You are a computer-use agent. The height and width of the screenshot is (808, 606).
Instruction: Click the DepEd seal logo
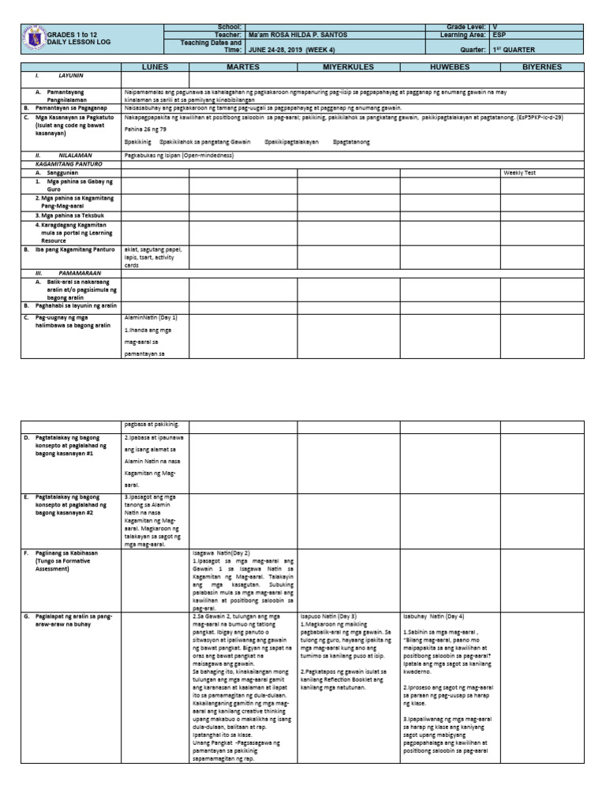(33, 40)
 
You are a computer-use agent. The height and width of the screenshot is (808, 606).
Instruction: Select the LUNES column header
(155, 68)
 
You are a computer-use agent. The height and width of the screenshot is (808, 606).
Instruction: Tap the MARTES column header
(243, 68)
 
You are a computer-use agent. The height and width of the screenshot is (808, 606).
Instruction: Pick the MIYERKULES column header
(347, 68)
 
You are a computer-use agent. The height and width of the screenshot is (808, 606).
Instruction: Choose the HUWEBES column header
(449, 68)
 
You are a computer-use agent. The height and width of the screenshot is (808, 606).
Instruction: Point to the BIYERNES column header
(541, 68)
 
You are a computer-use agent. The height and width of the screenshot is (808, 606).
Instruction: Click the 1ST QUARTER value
(514, 47)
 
